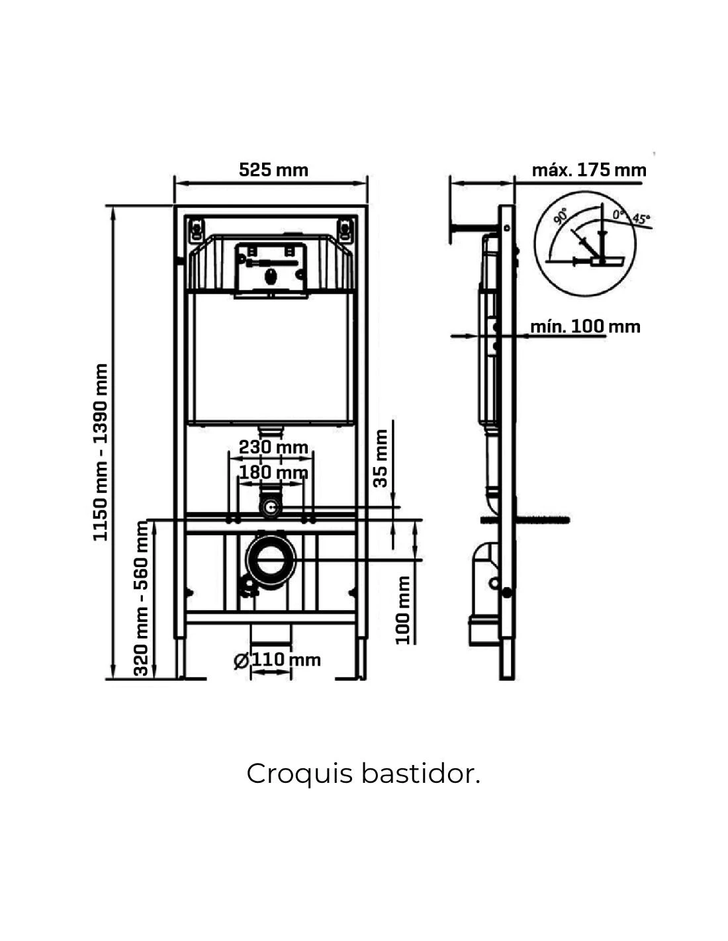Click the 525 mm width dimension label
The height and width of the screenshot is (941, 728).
pos(273,170)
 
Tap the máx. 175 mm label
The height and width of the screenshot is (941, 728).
pos(588,170)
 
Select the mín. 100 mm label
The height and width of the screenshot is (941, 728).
pos(585,326)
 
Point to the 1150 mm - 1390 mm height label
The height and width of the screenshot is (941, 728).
pos(101,452)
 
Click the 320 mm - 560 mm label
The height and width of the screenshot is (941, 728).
pos(142,598)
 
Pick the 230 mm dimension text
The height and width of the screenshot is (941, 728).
pos(273,447)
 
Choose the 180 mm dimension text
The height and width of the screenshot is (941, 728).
pos(273,472)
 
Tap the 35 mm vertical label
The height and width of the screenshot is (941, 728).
pos(381,458)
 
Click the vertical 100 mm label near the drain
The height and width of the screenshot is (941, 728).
pos(403,609)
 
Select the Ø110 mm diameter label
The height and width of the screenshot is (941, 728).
pos(277,660)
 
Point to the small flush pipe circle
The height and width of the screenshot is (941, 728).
pos(271,508)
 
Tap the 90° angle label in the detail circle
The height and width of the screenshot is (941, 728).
pos(560,216)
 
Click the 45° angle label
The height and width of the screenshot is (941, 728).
pos(640,218)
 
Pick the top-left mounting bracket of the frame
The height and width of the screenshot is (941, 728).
pos(197,230)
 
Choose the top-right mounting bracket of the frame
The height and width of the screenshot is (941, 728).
pos(345,230)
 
